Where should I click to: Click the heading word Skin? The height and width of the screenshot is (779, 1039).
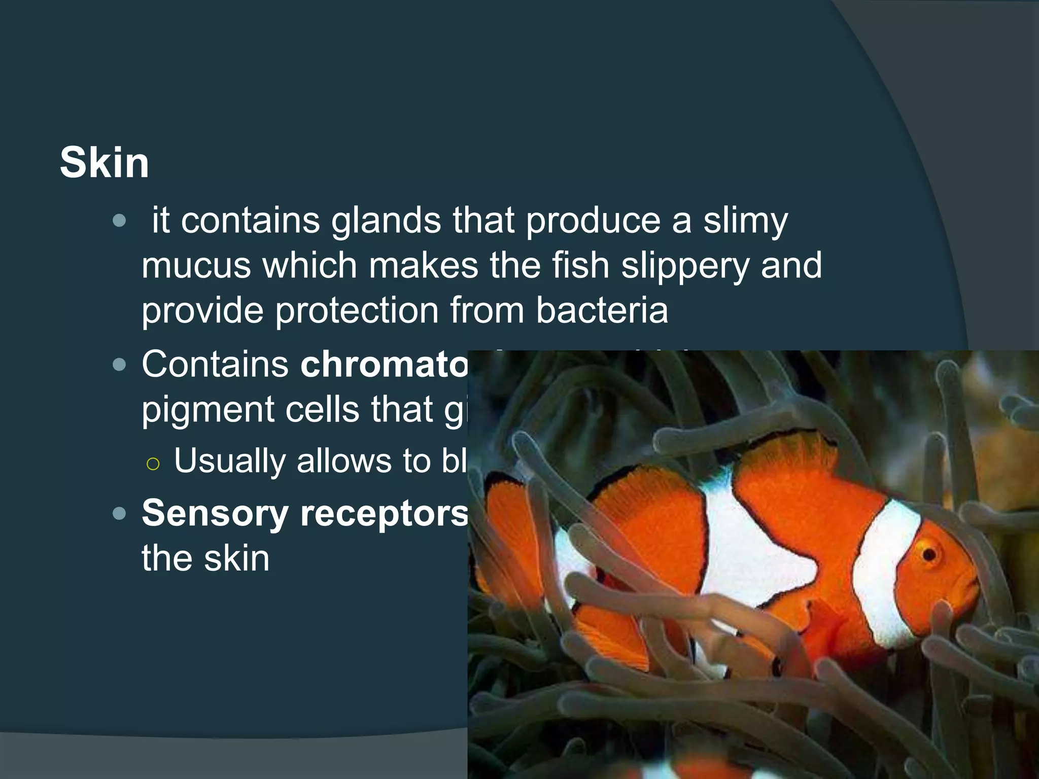pyautogui.click(x=105, y=163)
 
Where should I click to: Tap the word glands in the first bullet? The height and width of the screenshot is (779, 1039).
pyautogui.click(x=386, y=221)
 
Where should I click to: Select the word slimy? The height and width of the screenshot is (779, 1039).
pyautogui.click(x=745, y=221)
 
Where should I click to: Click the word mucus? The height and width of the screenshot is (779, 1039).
pyautogui.click(x=196, y=266)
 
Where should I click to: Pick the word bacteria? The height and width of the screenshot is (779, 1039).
pyautogui.click(x=602, y=310)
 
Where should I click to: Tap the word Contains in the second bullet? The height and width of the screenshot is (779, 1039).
pyautogui.click(x=215, y=364)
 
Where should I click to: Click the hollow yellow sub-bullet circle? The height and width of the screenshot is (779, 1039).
pyautogui.click(x=153, y=464)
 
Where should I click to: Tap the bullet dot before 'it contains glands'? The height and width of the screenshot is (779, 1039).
pyautogui.click(x=119, y=221)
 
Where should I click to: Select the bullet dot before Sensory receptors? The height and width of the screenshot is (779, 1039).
pyautogui.click(x=119, y=514)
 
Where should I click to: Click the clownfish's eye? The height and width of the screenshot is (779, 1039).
pyautogui.click(x=929, y=554)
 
